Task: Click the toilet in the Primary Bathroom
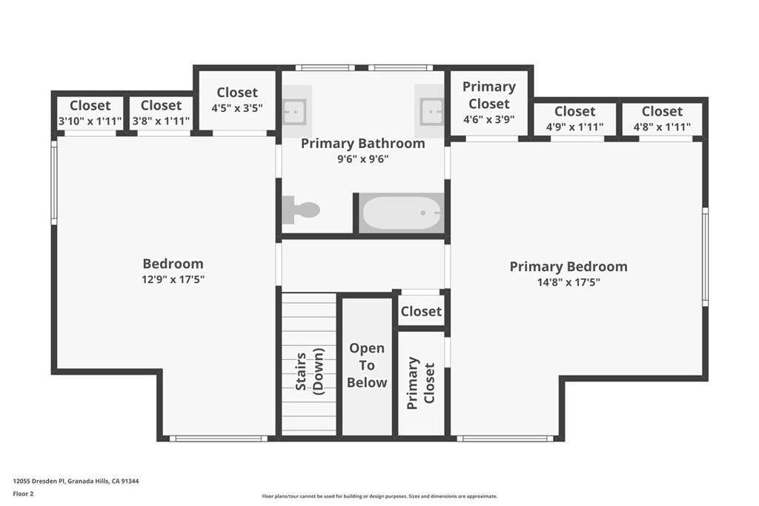coord(301,210)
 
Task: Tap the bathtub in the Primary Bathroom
coord(401,213)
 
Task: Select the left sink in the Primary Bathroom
coord(294,112)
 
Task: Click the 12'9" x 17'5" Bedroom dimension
coord(173,279)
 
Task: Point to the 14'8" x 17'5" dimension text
coord(569,282)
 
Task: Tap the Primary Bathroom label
coord(363,143)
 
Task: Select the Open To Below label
coord(367,365)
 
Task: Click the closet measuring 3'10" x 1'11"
coord(90,113)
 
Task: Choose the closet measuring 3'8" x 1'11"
coord(161,113)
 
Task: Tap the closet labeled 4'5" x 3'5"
coord(237,100)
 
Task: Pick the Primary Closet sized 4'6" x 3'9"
coord(489,102)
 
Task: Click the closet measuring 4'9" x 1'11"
coord(575,119)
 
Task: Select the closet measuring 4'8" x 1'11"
coord(662,119)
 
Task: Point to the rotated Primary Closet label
coord(421,383)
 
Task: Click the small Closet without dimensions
coord(421,311)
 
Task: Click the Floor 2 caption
coord(23,494)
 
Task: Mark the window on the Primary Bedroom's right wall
coord(706,257)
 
